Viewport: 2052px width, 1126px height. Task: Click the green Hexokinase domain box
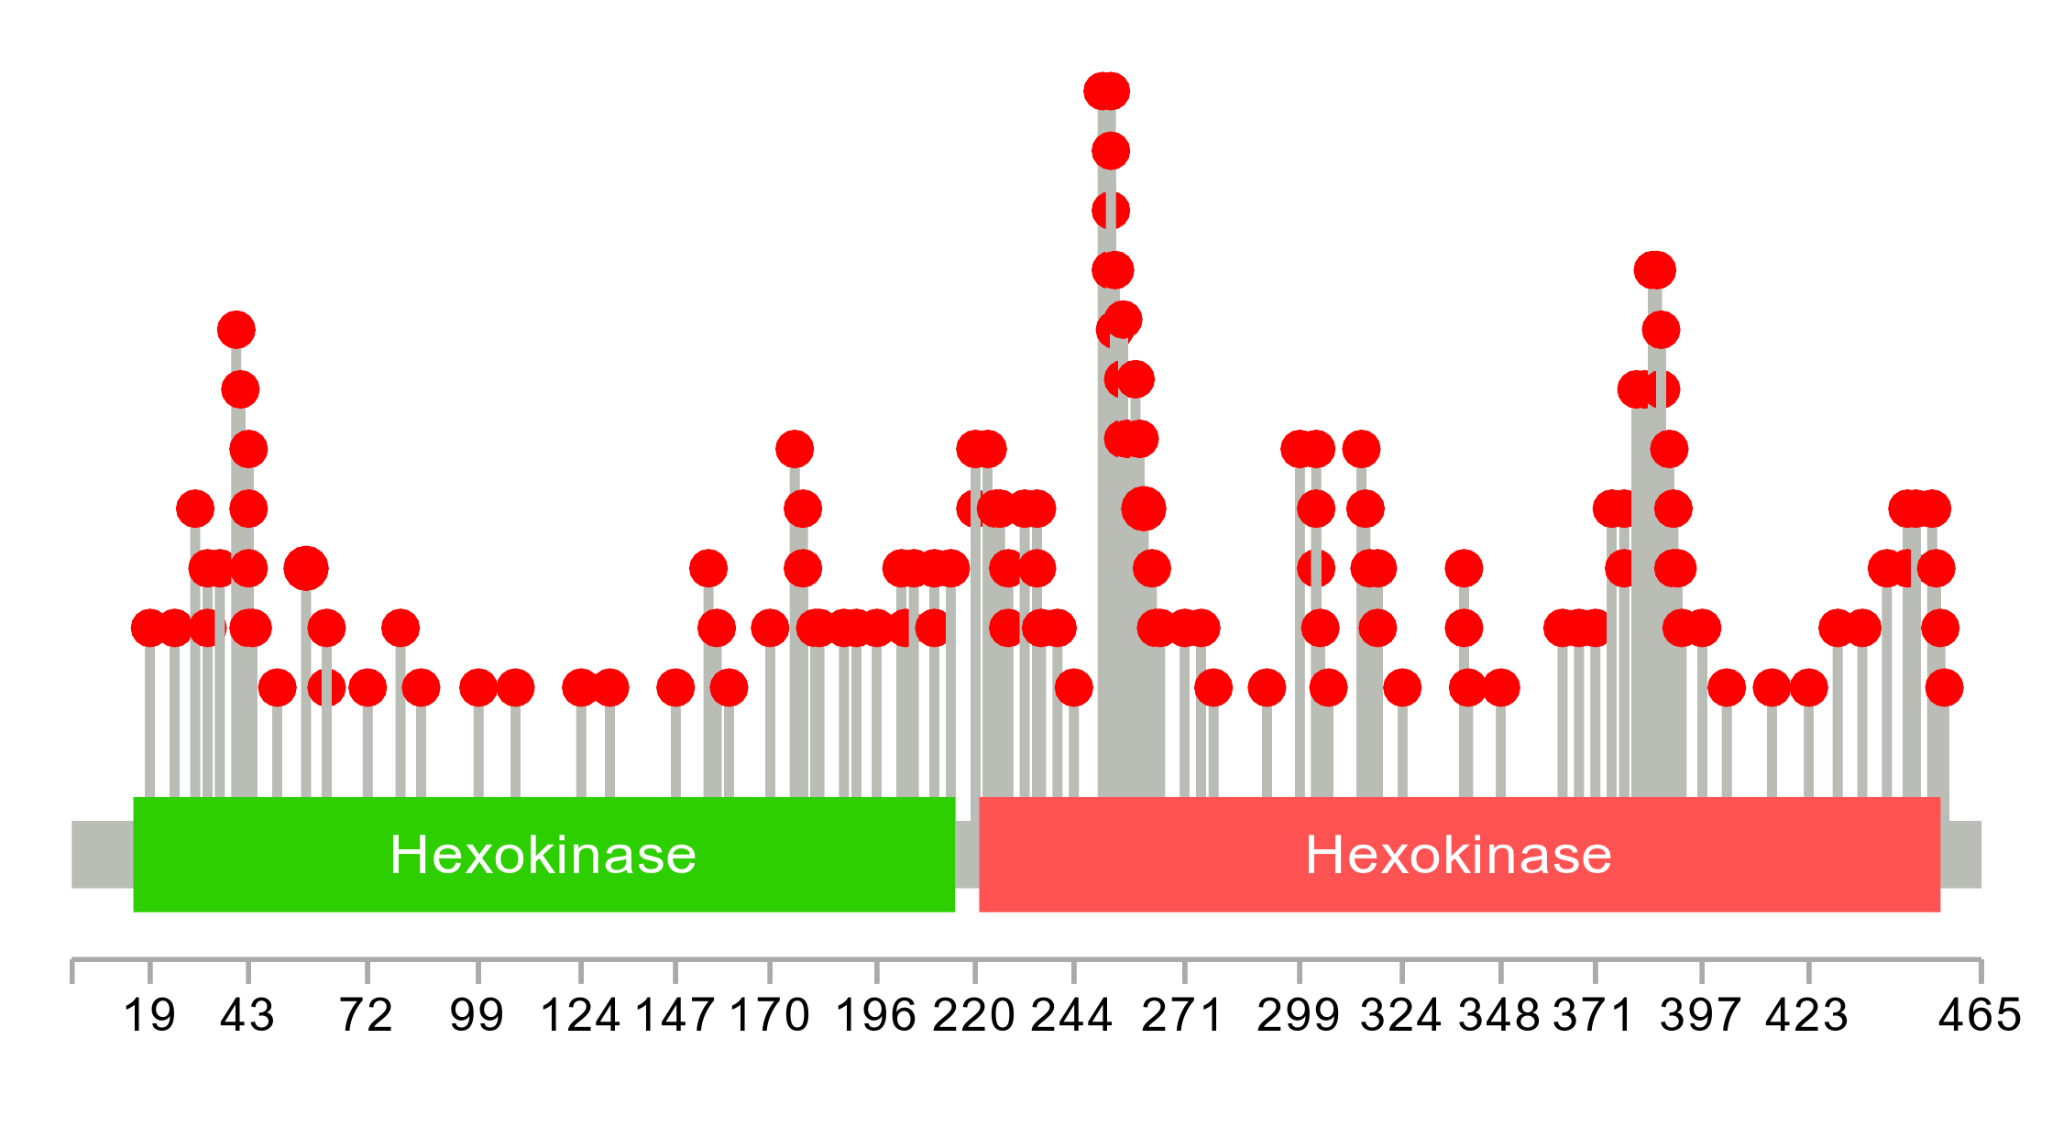[543, 855]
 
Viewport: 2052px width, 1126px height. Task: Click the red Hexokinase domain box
[1459, 855]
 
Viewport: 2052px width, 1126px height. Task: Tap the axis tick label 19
[149, 1016]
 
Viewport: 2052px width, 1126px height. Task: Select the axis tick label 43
[247, 1016]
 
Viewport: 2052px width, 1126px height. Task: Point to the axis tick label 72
[367, 1016]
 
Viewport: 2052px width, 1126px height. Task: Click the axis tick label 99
[477, 1016]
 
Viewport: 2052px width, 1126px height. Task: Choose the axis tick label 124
[580, 1016]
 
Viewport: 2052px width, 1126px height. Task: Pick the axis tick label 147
[675, 1016]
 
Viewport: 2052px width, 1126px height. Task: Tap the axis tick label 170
[770, 1016]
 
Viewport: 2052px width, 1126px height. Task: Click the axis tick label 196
[876, 1016]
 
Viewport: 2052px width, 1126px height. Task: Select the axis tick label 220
[974, 1016]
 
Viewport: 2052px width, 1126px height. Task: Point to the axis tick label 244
[1072, 1016]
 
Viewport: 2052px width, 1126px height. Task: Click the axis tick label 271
[1183, 1016]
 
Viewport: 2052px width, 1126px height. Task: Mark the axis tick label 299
[1299, 1016]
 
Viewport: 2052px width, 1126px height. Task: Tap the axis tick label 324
[1401, 1016]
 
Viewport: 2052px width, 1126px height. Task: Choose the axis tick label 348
[1499, 1016]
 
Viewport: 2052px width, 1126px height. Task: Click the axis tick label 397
[1701, 1016]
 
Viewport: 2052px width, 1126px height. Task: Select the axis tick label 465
[1980, 1016]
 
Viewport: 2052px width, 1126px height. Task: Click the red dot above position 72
[368, 687]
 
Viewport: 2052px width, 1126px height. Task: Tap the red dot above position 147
[675, 687]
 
